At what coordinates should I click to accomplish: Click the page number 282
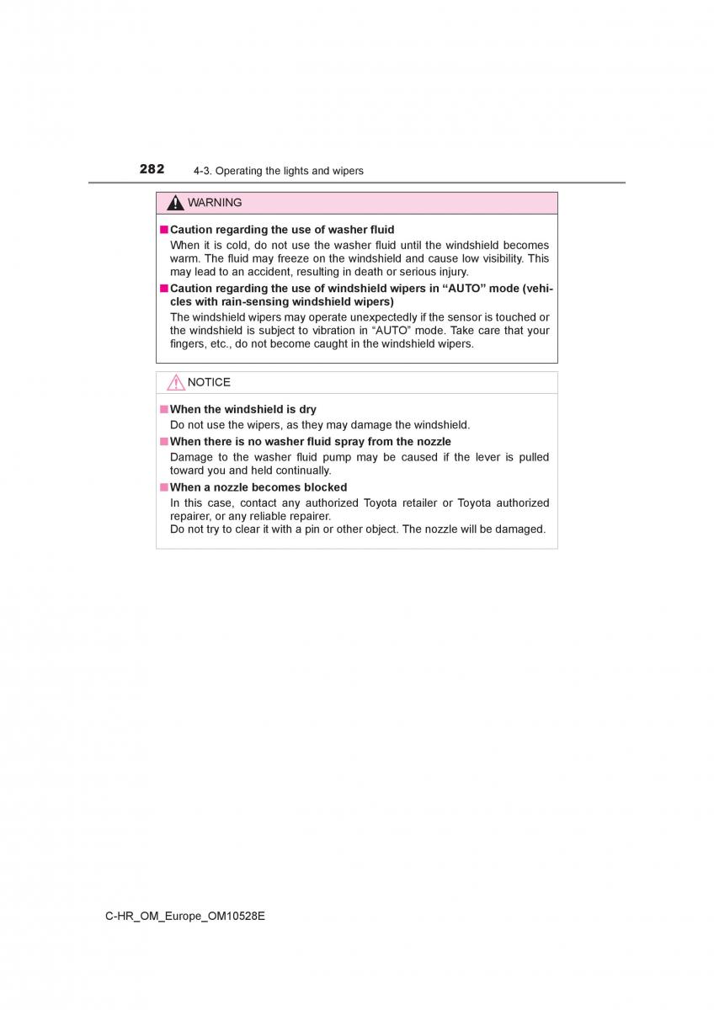(x=152, y=169)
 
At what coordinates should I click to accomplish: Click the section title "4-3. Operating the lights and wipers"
(x=278, y=171)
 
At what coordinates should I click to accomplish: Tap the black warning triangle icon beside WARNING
(x=175, y=203)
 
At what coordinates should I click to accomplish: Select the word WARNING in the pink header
(x=215, y=203)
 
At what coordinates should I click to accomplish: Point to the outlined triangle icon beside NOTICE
(x=175, y=383)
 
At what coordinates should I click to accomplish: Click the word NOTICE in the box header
(x=209, y=382)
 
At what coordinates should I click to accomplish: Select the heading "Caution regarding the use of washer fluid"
(x=282, y=229)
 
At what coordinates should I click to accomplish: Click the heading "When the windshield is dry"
(x=243, y=409)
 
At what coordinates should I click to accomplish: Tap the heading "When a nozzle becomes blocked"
(x=258, y=487)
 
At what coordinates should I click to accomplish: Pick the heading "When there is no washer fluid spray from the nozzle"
(x=311, y=441)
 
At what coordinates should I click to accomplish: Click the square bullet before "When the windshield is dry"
(x=164, y=410)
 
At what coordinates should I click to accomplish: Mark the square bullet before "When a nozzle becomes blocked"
(x=164, y=487)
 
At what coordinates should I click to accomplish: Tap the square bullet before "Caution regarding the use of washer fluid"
(x=164, y=230)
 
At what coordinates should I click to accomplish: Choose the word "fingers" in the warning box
(x=189, y=343)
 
